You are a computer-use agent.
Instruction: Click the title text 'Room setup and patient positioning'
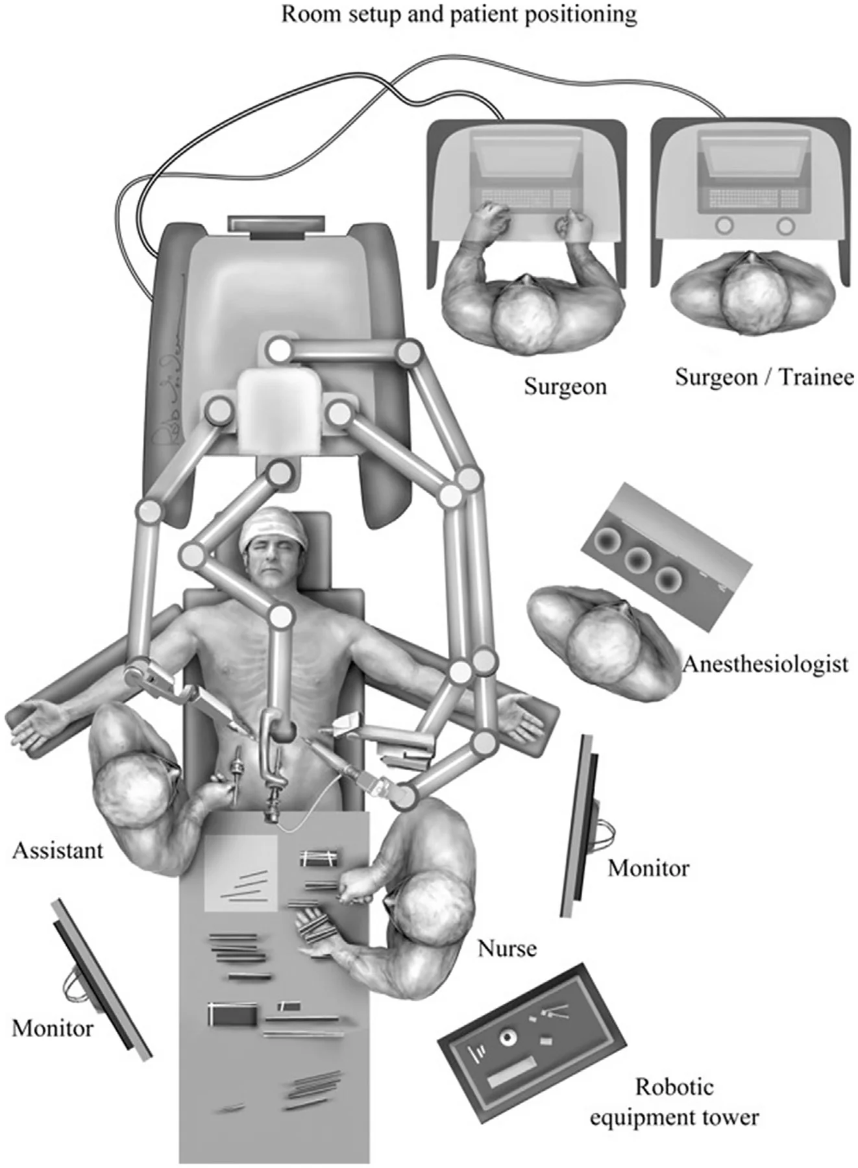point(459,14)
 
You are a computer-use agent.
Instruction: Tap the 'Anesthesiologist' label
point(765,664)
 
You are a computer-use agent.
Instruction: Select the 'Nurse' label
point(507,949)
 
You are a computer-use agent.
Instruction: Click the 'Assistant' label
point(58,850)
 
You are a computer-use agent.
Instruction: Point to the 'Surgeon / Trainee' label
point(764,377)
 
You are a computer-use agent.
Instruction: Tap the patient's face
point(272,563)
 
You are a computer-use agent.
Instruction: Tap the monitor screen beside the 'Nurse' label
point(580,827)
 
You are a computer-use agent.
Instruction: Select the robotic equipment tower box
point(532,1045)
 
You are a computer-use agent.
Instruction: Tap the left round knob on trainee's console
point(724,225)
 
